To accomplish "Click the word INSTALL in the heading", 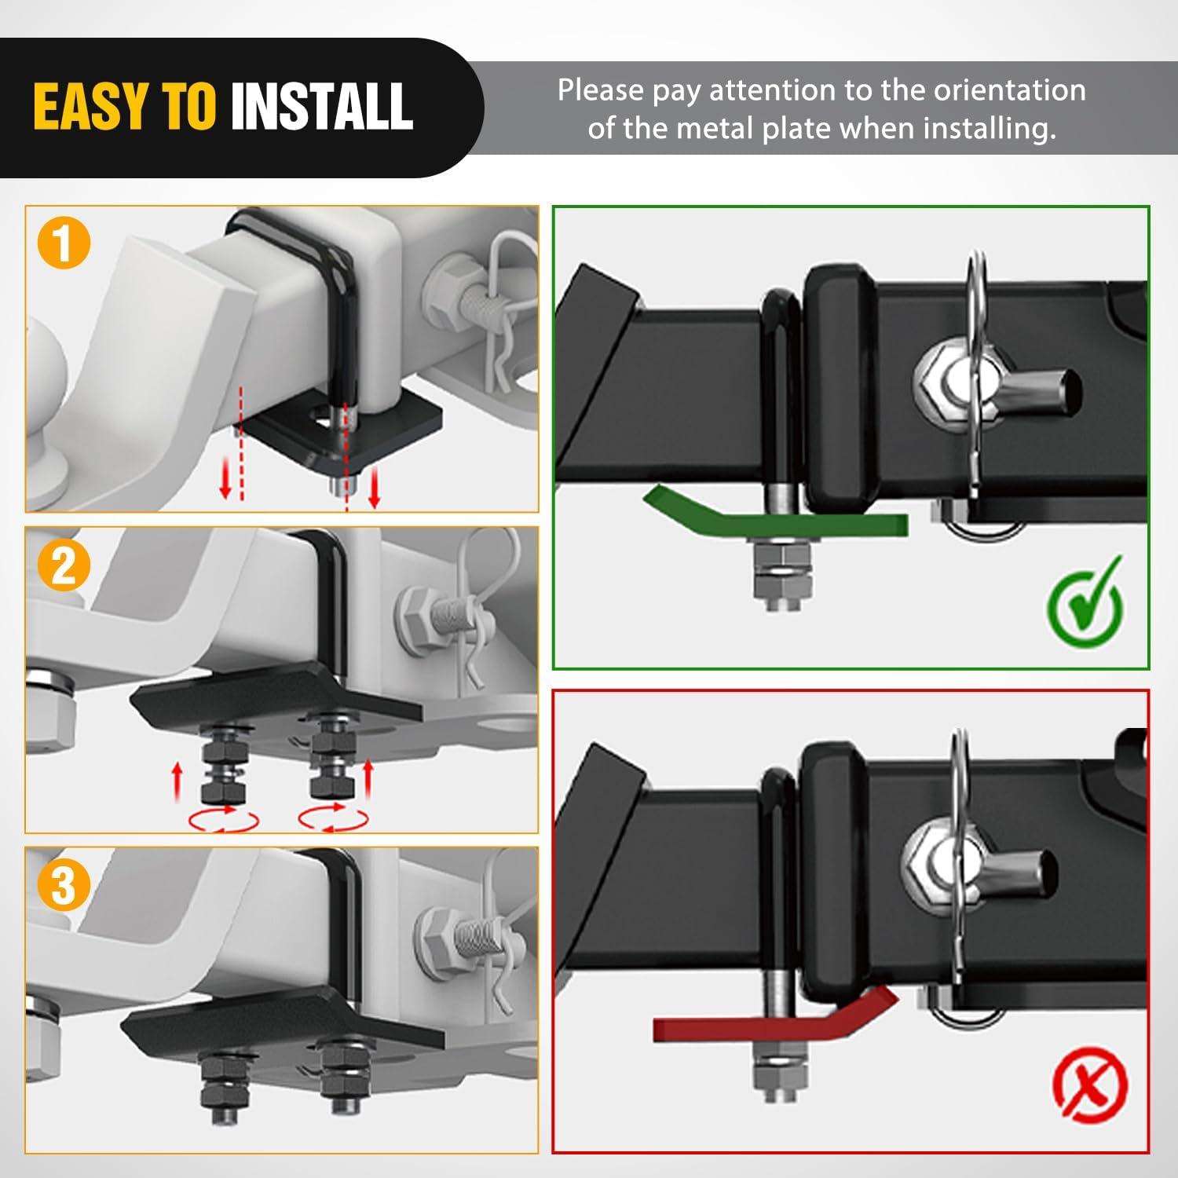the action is [322, 106].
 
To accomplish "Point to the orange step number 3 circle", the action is [64, 884].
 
